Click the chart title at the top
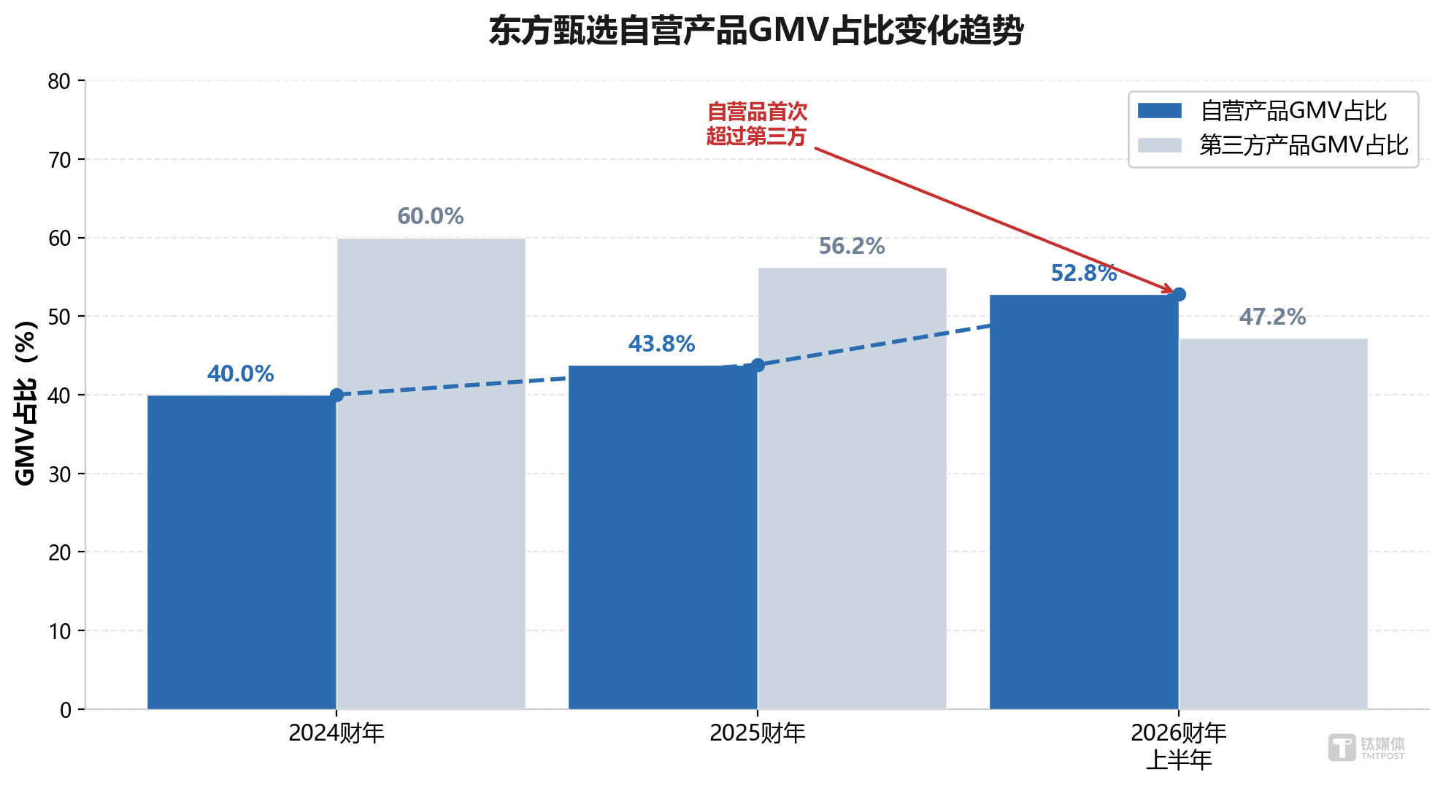pyautogui.click(x=756, y=31)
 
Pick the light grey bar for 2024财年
pyautogui.click(x=431, y=474)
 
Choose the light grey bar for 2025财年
pyautogui.click(x=852, y=489)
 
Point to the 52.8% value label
pyautogui.click(x=1083, y=273)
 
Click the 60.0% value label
pyautogui.click(x=430, y=216)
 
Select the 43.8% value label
pyautogui.click(x=661, y=344)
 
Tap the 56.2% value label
pyautogui.click(x=851, y=246)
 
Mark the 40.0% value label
pyautogui.click(x=240, y=374)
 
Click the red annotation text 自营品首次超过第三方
pyautogui.click(x=757, y=124)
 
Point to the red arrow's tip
pyautogui.click(x=1172, y=293)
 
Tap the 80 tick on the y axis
pyautogui.click(x=59, y=81)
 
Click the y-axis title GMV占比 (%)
pyautogui.click(x=26, y=403)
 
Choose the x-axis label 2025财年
pyautogui.click(x=757, y=733)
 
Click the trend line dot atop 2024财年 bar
pyautogui.click(x=336, y=395)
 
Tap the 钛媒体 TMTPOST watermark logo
pyautogui.click(x=1366, y=748)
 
